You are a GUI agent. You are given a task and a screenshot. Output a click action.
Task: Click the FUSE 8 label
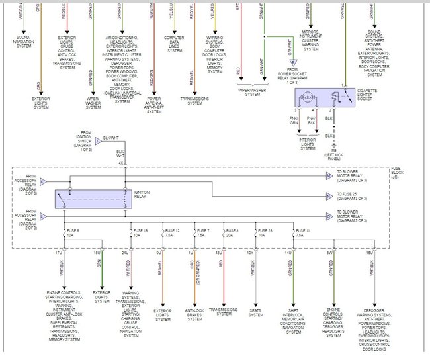(x=74, y=230)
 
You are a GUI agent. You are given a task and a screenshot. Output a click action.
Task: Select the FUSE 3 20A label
(x=232, y=230)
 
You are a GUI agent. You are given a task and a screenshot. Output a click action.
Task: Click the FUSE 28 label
(x=265, y=230)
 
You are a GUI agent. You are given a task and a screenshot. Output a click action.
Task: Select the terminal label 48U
(x=218, y=253)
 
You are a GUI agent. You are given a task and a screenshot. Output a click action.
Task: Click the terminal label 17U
(x=59, y=253)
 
